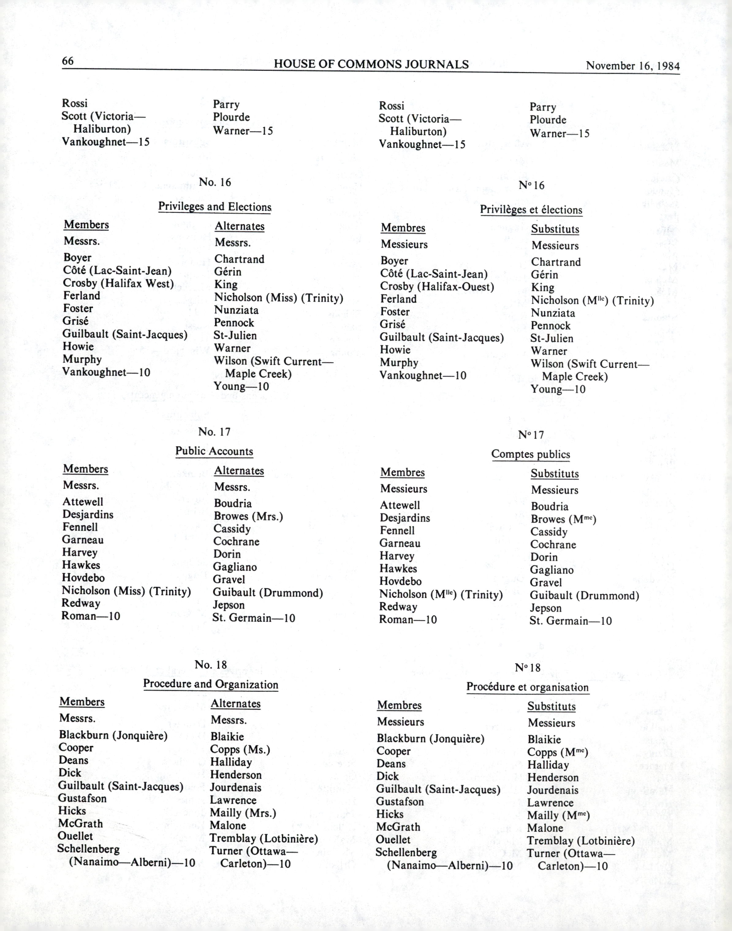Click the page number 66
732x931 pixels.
68,61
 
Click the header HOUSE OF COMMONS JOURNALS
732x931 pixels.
371,64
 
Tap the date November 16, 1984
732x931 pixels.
632,66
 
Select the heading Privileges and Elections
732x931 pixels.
215,207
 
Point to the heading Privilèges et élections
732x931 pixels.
531,210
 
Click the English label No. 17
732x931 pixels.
214,432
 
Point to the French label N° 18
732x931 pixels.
528,667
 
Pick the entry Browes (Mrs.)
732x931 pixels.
248,516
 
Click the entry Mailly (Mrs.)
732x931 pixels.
243,813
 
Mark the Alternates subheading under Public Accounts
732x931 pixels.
239,471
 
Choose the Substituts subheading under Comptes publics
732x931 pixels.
555,474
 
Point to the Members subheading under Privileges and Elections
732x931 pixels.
86,225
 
